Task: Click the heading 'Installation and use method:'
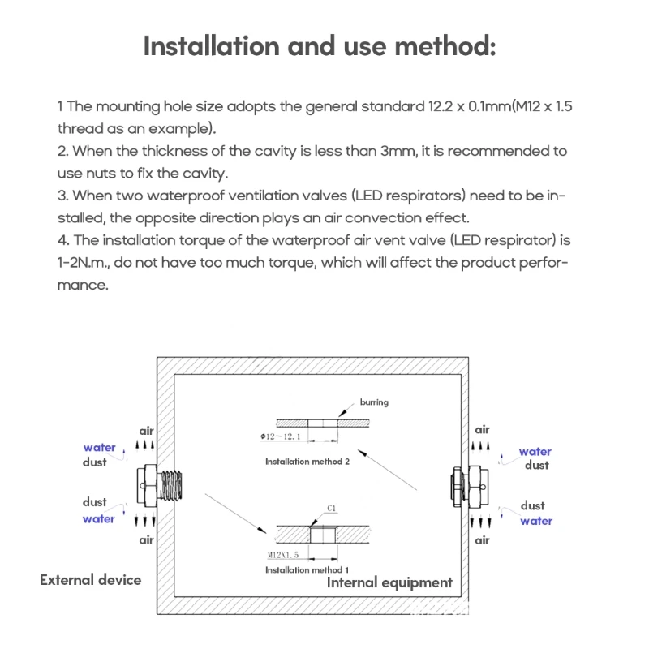click(x=319, y=45)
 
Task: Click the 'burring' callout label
click(x=374, y=402)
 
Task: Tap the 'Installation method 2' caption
click(x=307, y=462)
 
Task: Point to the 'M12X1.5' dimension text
click(x=284, y=556)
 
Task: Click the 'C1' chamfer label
click(x=332, y=509)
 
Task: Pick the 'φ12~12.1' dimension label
click(x=281, y=437)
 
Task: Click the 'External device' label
click(x=90, y=580)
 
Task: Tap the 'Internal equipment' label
click(x=389, y=582)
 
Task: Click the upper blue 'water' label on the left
click(x=99, y=448)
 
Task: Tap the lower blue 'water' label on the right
click(x=536, y=521)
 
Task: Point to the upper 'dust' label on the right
click(x=536, y=466)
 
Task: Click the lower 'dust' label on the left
click(x=95, y=502)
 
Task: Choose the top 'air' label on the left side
click(x=146, y=432)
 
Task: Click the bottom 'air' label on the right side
click(x=483, y=540)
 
